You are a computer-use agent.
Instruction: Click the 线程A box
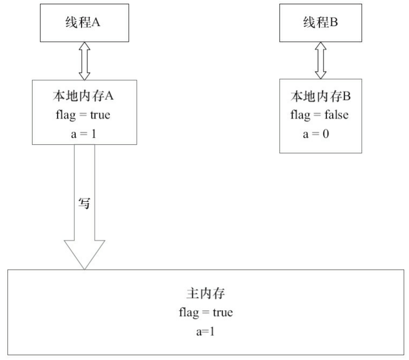pyautogui.click(x=84, y=23)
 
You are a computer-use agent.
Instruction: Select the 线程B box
pyautogui.click(x=320, y=23)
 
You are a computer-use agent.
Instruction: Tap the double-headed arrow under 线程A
pyautogui.click(x=84, y=60)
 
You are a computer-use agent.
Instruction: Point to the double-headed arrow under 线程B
pyautogui.click(x=320, y=60)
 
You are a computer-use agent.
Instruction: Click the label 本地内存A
pyautogui.click(x=84, y=98)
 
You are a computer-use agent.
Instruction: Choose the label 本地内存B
pyautogui.click(x=320, y=98)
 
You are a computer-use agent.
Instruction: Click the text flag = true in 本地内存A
pyautogui.click(x=84, y=115)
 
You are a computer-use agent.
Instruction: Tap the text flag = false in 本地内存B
pyautogui.click(x=320, y=115)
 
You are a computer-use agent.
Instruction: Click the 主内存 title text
pyautogui.click(x=206, y=295)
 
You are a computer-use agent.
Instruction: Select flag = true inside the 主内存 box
pyautogui.click(x=206, y=312)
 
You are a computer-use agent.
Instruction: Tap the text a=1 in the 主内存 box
pyautogui.click(x=206, y=331)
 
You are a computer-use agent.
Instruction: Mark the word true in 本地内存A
pyautogui.click(x=100, y=115)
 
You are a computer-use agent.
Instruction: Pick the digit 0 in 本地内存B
pyautogui.click(x=325, y=134)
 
